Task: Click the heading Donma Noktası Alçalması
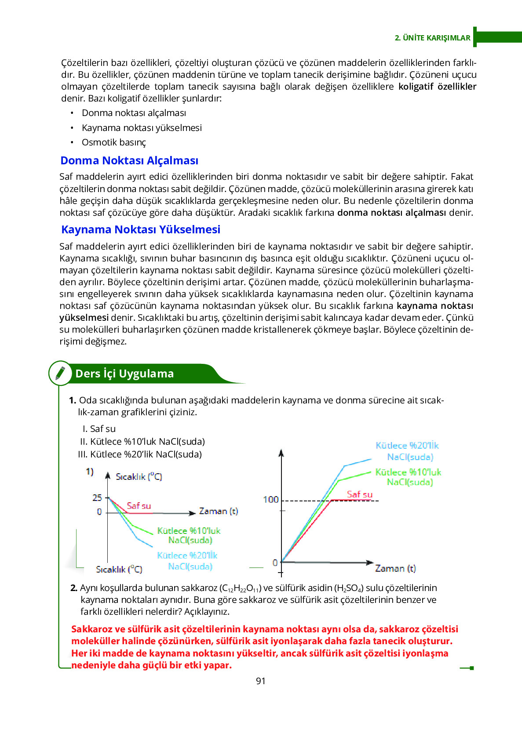[129, 161]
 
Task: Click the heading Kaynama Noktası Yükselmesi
[141, 230]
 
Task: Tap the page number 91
[261, 681]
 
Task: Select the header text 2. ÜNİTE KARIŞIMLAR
[433, 38]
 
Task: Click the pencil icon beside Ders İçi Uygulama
[60, 374]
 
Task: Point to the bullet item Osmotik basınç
[113, 142]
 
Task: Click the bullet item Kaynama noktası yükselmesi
[142, 128]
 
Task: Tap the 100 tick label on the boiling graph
[271, 500]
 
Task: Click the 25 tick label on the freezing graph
[97, 498]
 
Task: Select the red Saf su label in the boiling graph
[360, 494]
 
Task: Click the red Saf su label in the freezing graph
[139, 506]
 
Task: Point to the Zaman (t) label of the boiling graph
[395, 569]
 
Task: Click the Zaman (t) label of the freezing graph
[219, 511]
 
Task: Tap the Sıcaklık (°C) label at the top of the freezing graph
[139, 477]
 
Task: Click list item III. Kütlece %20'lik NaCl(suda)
[140, 454]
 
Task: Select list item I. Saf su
[99, 429]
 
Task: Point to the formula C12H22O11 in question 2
[240, 588]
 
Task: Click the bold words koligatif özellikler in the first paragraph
[437, 87]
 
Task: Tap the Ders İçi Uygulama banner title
[124, 374]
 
